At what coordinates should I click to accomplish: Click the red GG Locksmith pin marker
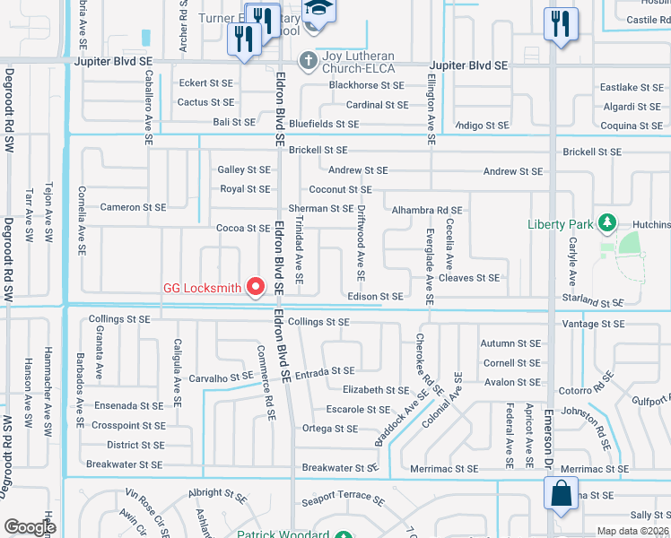click(256, 287)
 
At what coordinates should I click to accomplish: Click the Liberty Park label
click(562, 223)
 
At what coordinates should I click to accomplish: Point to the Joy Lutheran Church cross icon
click(308, 61)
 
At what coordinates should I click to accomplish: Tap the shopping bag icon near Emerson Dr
click(561, 494)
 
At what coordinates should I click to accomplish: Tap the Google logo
click(30, 526)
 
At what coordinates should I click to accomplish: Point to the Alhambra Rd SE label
click(427, 210)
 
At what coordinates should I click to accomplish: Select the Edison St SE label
click(375, 296)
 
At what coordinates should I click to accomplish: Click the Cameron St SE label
click(133, 207)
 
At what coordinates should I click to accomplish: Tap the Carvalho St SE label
click(222, 377)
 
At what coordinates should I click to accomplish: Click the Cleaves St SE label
click(468, 278)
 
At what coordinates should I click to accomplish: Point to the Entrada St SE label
click(325, 370)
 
